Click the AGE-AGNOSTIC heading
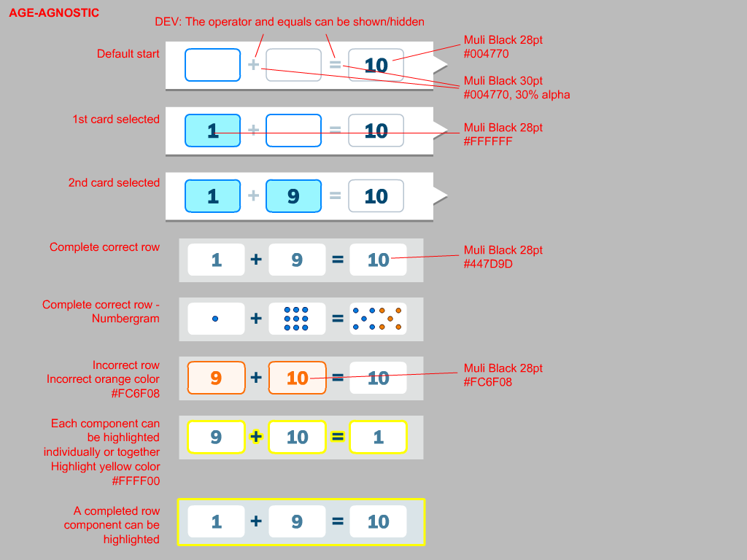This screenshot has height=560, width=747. pos(54,13)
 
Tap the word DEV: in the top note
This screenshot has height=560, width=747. pos(169,22)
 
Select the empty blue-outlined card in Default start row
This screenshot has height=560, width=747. pos(212,65)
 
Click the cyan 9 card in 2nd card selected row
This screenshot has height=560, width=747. pos(293,196)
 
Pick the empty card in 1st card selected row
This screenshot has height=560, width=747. pos(293,131)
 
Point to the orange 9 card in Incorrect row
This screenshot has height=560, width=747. pos(216,378)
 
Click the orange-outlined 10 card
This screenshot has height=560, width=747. pos(297,378)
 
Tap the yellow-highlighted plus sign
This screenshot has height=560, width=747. pos(256,437)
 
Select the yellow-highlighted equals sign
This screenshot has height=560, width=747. pos(338,437)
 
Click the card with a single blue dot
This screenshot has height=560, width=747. pos(216,319)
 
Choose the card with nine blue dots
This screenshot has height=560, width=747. pos(297,319)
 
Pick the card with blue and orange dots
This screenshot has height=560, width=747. pos(378,319)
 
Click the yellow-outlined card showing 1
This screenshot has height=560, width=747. pos(378,437)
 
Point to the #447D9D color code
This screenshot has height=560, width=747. pos(488,264)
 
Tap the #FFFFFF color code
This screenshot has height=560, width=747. pos(488,141)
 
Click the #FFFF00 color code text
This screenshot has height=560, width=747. pos(136,481)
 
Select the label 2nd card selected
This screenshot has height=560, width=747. pos(114,183)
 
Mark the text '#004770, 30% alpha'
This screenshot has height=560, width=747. pos(516,95)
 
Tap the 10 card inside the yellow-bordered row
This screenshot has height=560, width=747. pos(378,521)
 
